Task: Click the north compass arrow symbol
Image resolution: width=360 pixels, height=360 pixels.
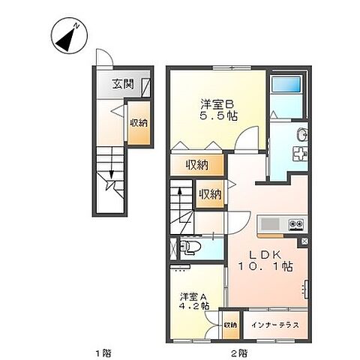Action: [66, 37]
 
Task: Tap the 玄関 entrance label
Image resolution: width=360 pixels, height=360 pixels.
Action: [124, 84]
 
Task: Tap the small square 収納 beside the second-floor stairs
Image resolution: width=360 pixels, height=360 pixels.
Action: [210, 194]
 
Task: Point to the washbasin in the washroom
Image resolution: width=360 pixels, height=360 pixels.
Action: [301, 136]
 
